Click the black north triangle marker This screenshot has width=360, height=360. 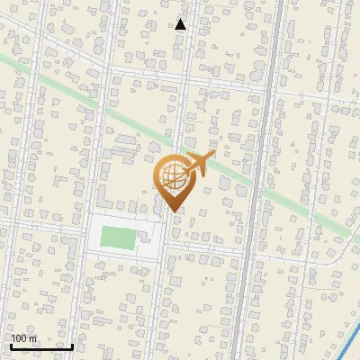pos(181,24)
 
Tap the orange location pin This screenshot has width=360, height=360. pos(173,180)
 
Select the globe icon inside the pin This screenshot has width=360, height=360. pos(172,175)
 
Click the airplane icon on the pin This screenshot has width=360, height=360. pos(197,164)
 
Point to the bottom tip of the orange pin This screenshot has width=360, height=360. pos(173,211)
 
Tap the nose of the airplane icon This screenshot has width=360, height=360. pos(213,157)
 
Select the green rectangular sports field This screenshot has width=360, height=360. pos(117,238)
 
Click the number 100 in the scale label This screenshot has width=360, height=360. pos(18,339)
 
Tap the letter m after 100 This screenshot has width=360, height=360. pos(32,339)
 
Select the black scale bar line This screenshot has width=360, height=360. pos(41,346)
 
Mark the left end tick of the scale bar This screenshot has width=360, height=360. pos(10,345)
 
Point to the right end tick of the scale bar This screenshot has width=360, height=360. pos(73,345)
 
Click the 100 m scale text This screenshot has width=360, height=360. pos(23,339)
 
